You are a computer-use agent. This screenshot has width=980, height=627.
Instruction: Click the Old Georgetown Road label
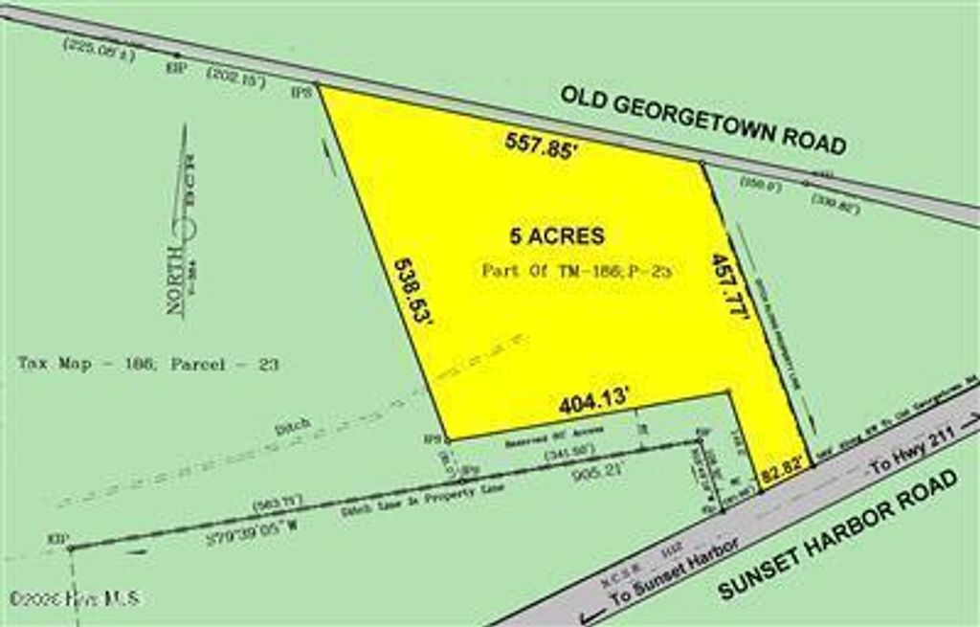click(x=703, y=120)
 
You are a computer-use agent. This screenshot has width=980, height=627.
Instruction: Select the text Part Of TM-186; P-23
click(x=578, y=271)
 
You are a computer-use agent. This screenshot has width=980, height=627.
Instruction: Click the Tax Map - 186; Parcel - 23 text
click(x=148, y=365)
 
